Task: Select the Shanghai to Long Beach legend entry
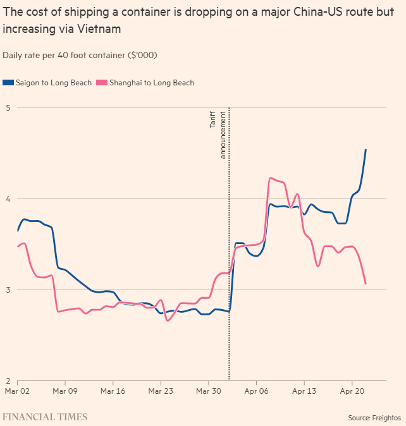pos(151,83)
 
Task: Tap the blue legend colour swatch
pos(8,83)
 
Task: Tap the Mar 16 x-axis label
pos(113,392)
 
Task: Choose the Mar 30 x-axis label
pos(208,392)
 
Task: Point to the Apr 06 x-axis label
pos(256,392)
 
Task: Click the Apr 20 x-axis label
pos(352,392)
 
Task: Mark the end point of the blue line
pos(366,150)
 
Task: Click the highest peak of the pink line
pos(271,178)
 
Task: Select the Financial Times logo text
pos(45,417)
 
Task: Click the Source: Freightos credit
pos(374,418)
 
